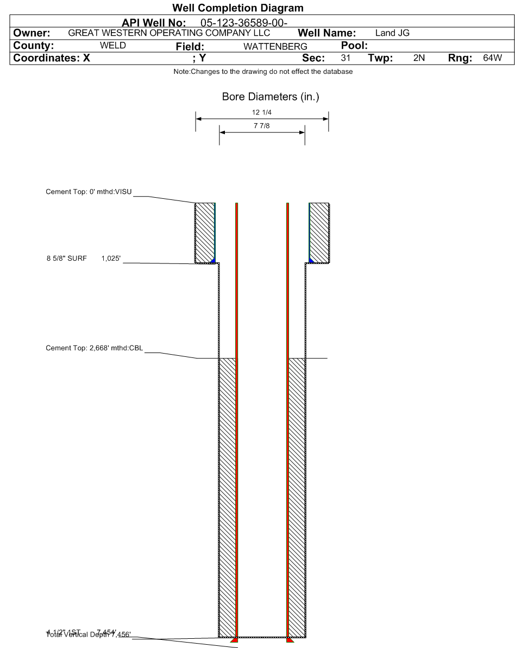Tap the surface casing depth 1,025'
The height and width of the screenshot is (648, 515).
point(111,259)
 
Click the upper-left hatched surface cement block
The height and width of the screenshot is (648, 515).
point(205,232)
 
